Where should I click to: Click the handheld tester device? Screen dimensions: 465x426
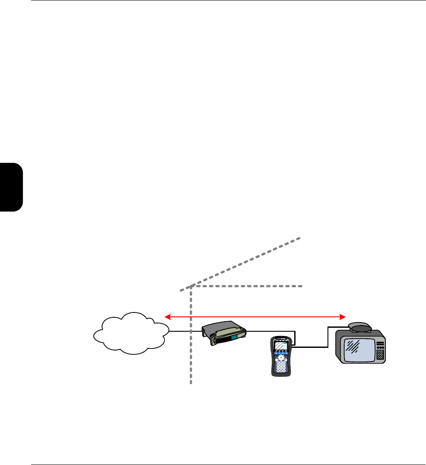pos(281,356)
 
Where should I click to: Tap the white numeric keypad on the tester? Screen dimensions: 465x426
pos(281,366)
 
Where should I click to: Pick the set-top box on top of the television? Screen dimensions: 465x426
pos(360,327)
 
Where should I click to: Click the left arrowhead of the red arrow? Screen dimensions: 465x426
pos(166,316)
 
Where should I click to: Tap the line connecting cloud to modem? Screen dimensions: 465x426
pos(180,331)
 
